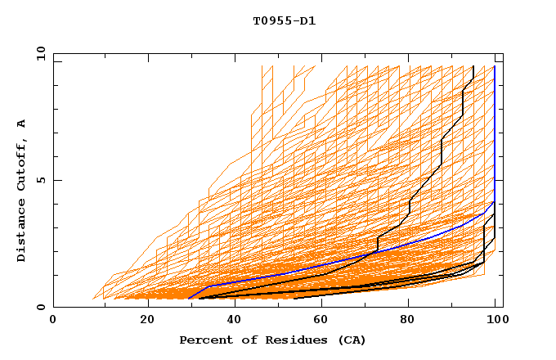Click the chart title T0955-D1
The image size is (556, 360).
point(284,21)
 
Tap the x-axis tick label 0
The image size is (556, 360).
point(53,320)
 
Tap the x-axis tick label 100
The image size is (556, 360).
point(498,320)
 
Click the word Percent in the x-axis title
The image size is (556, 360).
point(204,340)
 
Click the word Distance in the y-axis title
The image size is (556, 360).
point(22,232)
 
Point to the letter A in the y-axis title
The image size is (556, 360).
point(22,124)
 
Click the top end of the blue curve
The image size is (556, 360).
point(494,66)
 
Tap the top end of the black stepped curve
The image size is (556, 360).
point(473,66)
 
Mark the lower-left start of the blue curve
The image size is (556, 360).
point(188,299)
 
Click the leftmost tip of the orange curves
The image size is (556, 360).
point(93,299)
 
